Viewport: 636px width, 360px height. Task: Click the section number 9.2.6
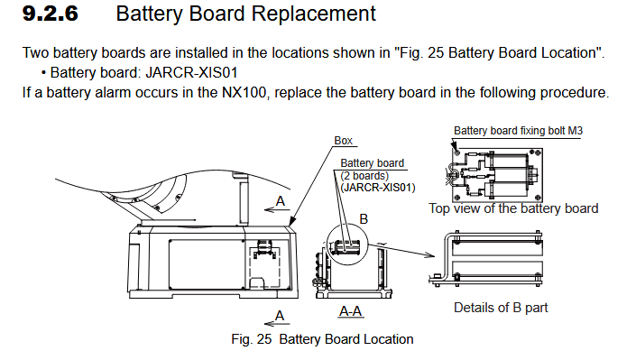pos(51,14)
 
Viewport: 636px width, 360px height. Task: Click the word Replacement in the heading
pos(314,14)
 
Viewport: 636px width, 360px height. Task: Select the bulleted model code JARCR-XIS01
pos(191,73)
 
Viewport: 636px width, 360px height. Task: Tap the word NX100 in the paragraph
pos(244,93)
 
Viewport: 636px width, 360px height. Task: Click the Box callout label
pos(343,141)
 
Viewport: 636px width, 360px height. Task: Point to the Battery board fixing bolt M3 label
pos(518,131)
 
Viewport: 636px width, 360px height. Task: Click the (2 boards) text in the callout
pos(364,176)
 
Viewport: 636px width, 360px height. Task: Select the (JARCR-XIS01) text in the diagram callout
pos(378,188)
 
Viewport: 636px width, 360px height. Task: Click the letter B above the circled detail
pos(364,219)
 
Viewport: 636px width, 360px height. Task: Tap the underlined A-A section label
pos(350,311)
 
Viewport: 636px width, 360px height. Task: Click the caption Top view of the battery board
pos(513,208)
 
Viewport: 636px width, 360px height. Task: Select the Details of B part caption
pos(501,308)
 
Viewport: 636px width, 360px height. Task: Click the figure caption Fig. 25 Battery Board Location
pos(322,339)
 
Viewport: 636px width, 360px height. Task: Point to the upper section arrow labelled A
pos(277,209)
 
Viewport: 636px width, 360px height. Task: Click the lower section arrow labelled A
pos(277,324)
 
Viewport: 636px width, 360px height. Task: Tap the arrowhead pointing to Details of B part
pos(429,254)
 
